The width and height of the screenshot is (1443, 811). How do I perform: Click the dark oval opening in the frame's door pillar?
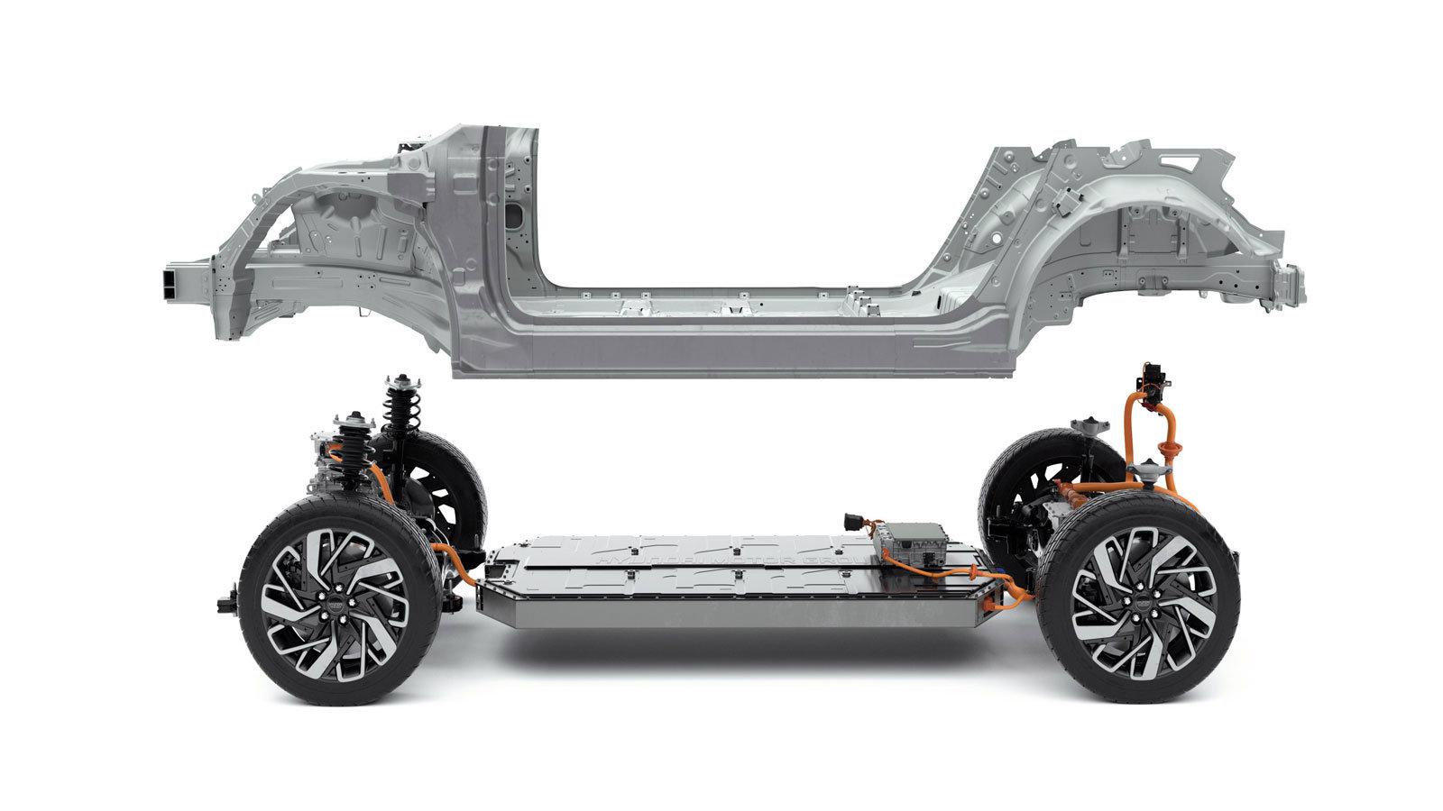pyautogui.click(x=513, y=216)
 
